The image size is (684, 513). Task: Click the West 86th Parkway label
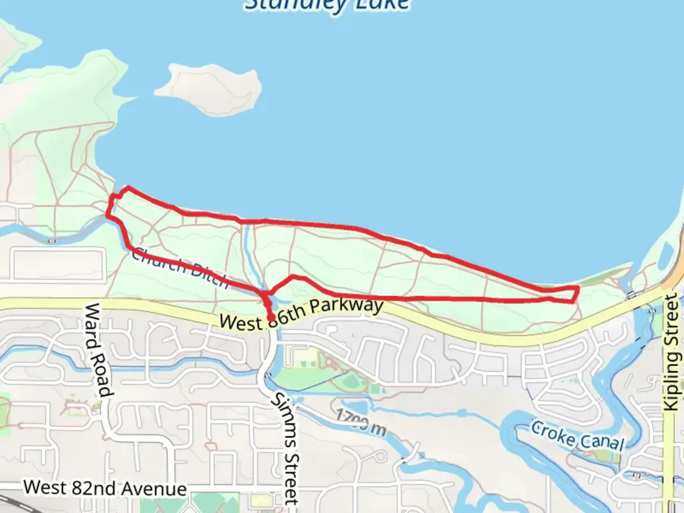point(301,314)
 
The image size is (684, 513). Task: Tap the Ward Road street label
point(99,351)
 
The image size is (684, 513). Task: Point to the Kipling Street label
point(671,351)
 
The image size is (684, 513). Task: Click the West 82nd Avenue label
point(105,488)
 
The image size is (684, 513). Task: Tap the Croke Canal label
point(578,435)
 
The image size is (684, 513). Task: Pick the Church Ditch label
point(180,268)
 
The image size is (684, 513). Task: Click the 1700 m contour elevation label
point(361,422)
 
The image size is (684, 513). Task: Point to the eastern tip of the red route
point(578,289)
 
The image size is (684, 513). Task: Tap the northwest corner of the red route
point(127,188)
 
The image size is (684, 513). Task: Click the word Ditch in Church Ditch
point(209,275)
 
